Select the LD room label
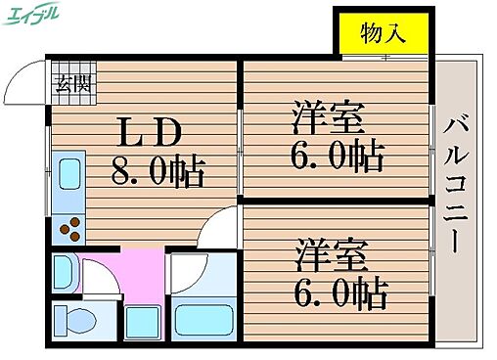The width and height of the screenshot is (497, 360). pyautogui.click(x=149, y=132)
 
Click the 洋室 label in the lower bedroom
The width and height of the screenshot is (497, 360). pyautogui.click(x=333, y=253)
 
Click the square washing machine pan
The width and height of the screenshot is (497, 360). pyautogui.click(x=143, y=319)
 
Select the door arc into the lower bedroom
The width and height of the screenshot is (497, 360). pyautogui.click(x=217, y=230)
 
